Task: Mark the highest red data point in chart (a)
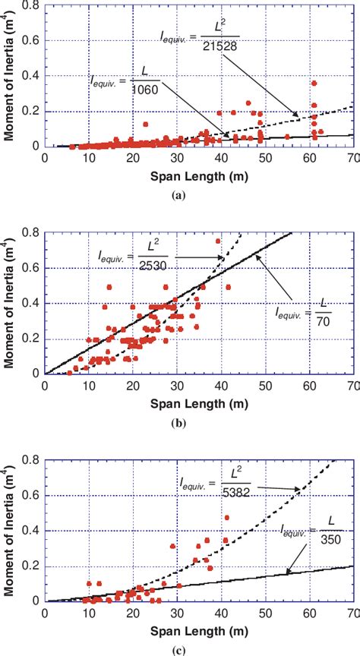coord(314,84)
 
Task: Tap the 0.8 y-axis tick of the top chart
coord(33,6)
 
